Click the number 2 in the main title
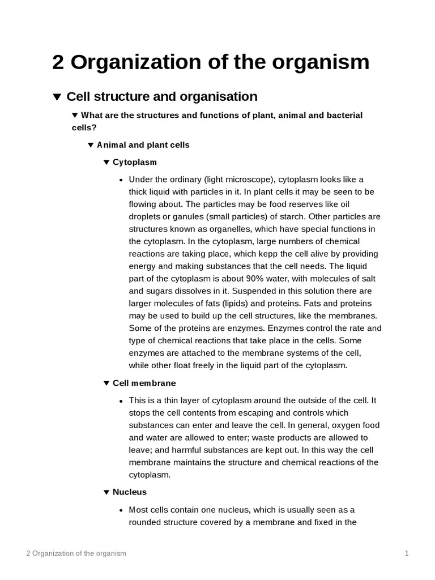58,62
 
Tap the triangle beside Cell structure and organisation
57,97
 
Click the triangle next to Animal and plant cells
91,145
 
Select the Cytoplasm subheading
135,163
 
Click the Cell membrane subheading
144,383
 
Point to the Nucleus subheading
130,492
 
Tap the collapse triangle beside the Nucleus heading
106,492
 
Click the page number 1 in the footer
407,553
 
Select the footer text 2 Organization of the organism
76,553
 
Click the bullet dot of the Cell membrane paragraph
121,401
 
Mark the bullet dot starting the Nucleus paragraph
121,510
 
